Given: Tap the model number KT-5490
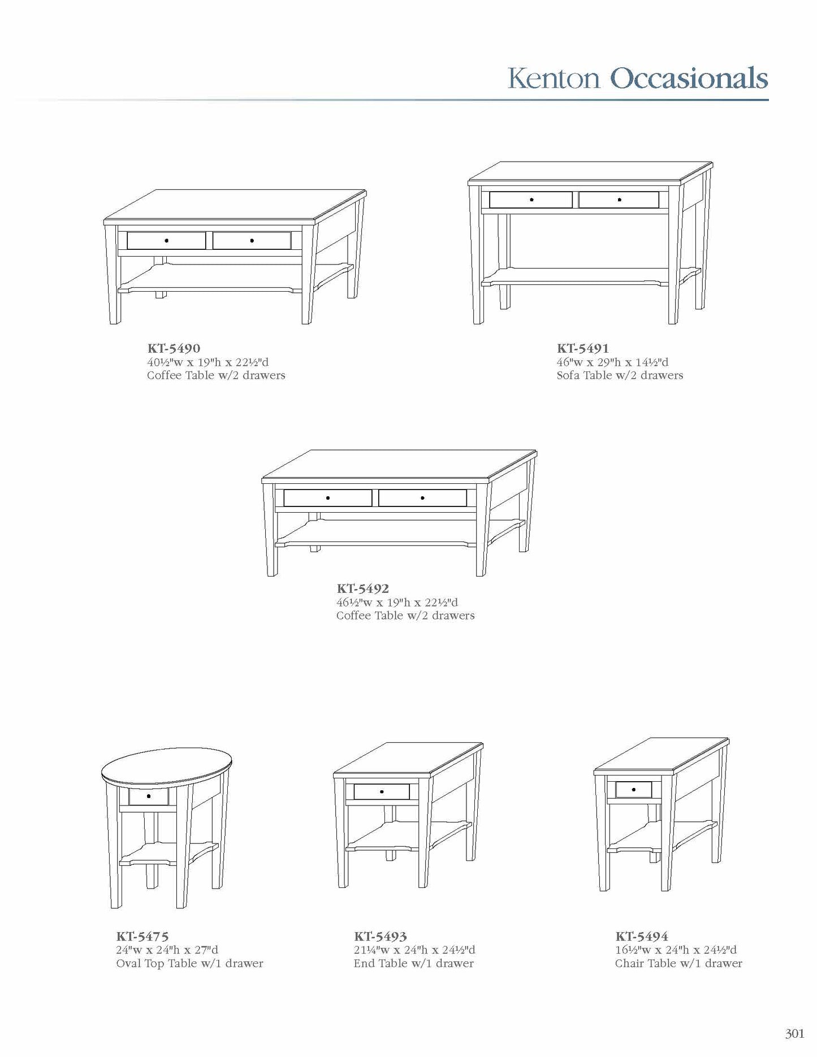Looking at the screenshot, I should [174, 348].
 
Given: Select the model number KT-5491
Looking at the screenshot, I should [583, 348].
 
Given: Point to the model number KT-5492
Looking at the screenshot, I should [363, 588].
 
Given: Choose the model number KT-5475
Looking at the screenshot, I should [142, 937].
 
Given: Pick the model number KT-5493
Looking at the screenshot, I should [381, 937].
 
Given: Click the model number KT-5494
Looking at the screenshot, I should [642, 937].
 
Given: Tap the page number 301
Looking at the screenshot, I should [794, 1034].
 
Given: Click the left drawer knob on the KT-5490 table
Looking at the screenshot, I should [166, 241].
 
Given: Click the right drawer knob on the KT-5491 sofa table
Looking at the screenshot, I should [620, 200].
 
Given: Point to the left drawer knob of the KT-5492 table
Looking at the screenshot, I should [328, 498].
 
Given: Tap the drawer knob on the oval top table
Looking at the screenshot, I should [149, 796].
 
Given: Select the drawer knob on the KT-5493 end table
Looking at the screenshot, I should [382, 791].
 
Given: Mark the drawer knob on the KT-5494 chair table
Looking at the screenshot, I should [634, 789].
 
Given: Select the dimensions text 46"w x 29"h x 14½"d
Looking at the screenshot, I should [612, 362].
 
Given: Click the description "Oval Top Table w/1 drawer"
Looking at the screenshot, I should [190, 964].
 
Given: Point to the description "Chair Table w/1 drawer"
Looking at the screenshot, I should [678, 964].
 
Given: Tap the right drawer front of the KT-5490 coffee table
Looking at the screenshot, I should [266, 241].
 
